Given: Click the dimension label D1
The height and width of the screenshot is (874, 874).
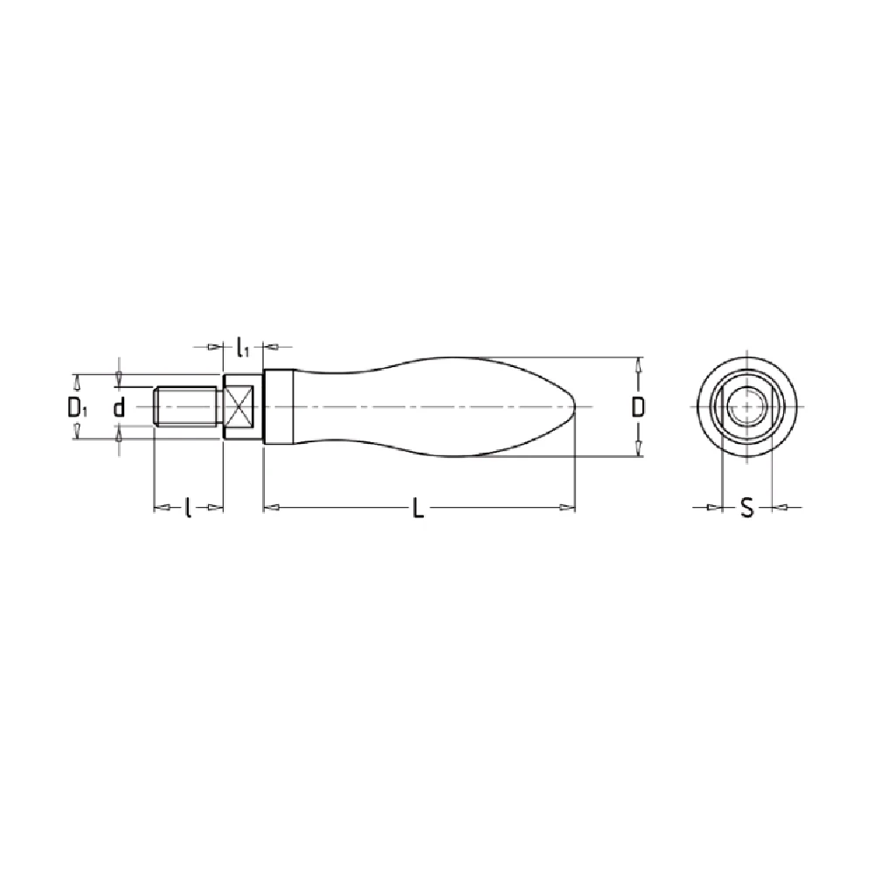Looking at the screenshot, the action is [x=77, y=408].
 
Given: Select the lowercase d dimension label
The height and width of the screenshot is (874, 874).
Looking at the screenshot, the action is [x=119, y=407].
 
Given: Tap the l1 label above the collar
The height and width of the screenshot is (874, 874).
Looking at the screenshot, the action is [x=242, y=347].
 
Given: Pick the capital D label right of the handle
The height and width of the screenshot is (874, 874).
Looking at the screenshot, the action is [x=638, y=407].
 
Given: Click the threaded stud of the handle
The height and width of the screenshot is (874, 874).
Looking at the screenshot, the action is [x=185, y=407].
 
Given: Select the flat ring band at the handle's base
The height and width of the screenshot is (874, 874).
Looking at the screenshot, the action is [x=278, y=407].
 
